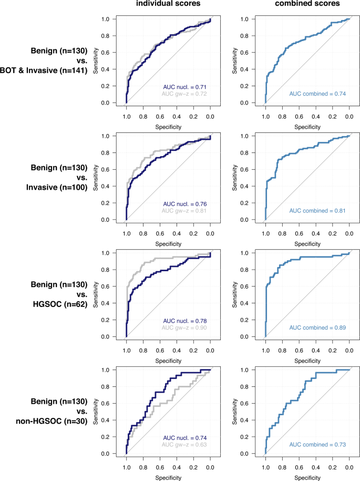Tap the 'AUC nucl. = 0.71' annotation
[186, 85]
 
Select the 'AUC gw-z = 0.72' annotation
[186, 93]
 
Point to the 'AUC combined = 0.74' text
[317, 94]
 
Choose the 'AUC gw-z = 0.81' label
[186, 210]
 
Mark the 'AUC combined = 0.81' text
[317, 210]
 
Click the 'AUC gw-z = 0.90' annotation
[186, 328]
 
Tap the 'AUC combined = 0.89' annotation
[317, 328]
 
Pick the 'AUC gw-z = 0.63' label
[186, 445]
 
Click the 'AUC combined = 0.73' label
[317, 445]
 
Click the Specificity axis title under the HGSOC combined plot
[307, 361]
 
